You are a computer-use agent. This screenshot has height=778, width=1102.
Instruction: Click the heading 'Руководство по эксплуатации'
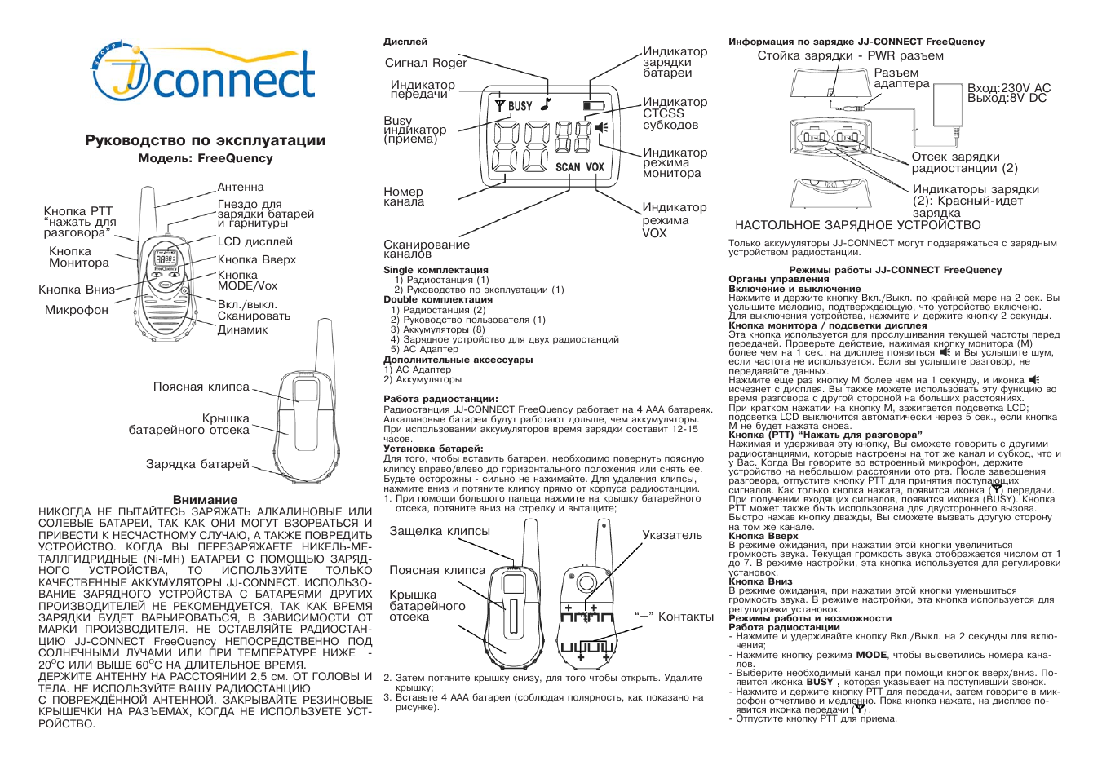(x=205, y=140)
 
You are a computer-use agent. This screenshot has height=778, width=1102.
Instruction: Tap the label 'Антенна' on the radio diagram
(x=241, y=188)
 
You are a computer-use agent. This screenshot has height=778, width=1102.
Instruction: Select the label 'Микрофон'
(x=77, y=310)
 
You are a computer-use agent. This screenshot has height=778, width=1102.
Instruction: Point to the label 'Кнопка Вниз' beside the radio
(x=77, y=290)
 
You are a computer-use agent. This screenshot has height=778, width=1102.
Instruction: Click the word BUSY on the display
(x=520, y=106)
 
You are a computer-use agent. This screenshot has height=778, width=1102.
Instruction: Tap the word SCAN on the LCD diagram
(x=568, y=167)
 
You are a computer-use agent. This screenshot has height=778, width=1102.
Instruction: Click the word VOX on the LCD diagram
(x=595, y=167)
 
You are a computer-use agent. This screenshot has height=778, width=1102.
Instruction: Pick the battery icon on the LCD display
(x=595, y=105)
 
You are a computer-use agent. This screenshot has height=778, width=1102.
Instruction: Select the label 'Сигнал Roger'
(x=426, y=63)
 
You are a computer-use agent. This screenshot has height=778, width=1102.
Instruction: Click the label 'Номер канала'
(x=404, y=197)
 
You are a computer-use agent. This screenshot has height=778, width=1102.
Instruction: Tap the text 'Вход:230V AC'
(x=1009, y=88)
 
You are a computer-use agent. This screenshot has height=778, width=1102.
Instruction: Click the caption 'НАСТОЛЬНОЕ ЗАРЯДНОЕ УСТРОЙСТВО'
(x=858, y=225)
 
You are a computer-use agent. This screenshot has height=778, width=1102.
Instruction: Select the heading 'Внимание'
(x=205, y=500)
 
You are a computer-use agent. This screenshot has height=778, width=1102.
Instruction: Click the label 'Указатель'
(x=672, y=535)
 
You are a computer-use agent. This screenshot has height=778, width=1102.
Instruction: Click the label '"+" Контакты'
(x=674, y=617)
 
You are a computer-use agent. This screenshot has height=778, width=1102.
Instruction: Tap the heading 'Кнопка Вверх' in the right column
(x=763, y=536)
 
